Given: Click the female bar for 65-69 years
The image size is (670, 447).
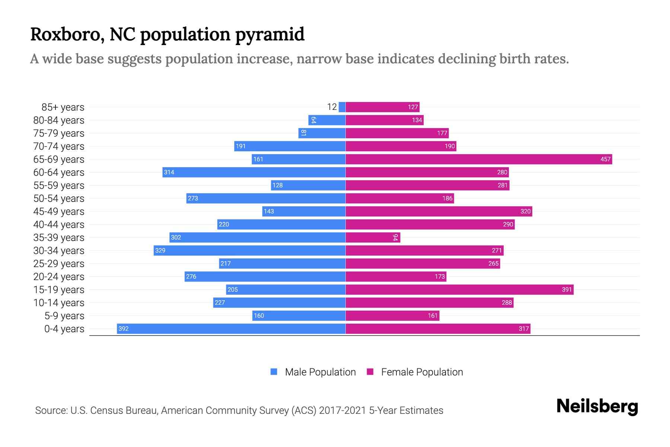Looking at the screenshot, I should [479, 159].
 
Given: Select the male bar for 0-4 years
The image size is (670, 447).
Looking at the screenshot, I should [231, 329].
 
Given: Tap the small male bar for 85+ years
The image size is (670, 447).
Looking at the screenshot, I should [342, 107].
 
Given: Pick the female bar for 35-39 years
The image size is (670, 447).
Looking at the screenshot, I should [372, 238].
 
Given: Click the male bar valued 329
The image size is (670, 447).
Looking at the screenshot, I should [249, 251].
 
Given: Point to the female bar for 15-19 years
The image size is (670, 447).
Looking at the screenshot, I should [459, 290].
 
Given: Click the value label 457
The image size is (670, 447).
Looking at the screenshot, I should [605, 159].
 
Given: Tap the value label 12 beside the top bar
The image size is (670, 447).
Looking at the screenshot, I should [332, 107].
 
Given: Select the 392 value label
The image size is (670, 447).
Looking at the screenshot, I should [124, 329].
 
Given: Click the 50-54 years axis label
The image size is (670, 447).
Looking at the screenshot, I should [59, 199].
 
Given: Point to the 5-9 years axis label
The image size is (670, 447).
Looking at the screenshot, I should [64, 316].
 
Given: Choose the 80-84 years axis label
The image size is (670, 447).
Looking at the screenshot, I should [59, 120].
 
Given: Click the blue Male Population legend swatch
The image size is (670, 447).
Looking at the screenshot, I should [274, 372].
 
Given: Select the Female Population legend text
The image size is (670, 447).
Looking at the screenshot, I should [422, 372].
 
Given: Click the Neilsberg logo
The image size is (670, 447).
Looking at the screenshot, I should [597, 406].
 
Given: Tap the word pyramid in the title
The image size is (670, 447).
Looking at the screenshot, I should [270, 35].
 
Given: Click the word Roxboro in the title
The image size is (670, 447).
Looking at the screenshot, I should [67, 35].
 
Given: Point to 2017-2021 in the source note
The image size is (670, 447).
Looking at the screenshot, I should [342, 410].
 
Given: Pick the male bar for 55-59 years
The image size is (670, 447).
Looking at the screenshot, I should [308, 186].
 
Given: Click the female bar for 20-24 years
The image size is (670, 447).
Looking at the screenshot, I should [396, 277].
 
